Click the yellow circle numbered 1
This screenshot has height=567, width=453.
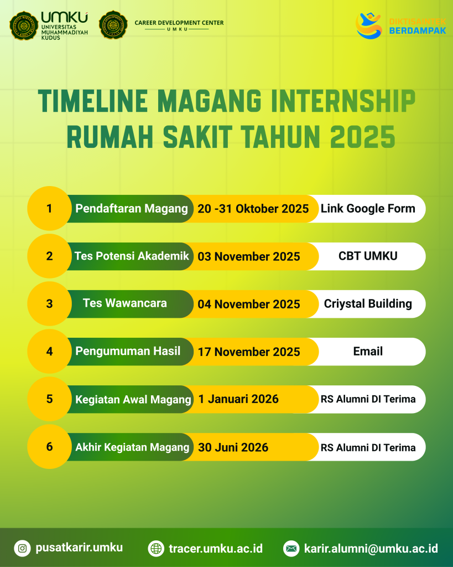coord(49,208)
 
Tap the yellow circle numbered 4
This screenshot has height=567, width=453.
coord(49,351)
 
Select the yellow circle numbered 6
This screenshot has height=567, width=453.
coord(49,447)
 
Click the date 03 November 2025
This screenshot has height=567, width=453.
coord(248,256)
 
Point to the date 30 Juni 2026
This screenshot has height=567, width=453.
coord(233,447)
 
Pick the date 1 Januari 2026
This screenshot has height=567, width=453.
coord(238,399)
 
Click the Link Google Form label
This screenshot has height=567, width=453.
coord(368,209)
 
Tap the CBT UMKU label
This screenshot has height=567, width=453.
coord(368,256)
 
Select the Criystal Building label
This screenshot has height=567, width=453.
coord(368,304)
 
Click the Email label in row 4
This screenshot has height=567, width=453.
coord(368,351)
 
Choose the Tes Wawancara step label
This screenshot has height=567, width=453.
coord(124,303)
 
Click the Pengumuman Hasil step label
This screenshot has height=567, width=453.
coord(128,351)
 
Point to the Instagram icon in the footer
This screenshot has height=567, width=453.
coord(22,548)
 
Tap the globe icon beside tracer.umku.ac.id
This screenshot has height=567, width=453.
coord(156,549)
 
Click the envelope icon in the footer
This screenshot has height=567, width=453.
coord(291,549)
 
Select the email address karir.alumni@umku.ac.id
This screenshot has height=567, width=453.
coord(371,548)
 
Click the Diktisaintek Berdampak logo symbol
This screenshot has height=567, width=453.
coord(368,25)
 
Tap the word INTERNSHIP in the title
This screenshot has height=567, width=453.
coord(343,101)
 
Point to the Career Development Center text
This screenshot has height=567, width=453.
coord(179,23)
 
